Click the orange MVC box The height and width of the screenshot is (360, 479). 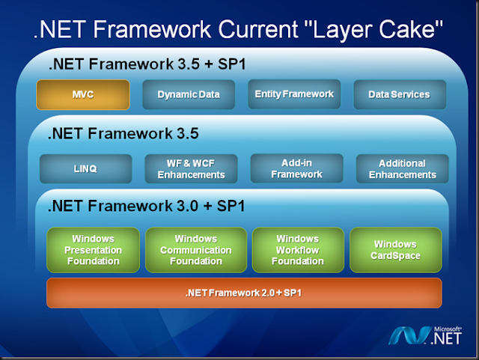point(83,95)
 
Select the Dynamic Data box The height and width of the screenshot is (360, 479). point(189,95)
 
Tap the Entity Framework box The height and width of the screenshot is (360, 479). point(294,94)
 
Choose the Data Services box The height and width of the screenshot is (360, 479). point(400,95)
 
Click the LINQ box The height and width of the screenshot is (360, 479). point(85,169)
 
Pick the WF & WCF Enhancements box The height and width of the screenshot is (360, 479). point(191,169)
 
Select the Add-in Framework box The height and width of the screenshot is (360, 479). point(296,168)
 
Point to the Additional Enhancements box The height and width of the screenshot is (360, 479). point(402,169)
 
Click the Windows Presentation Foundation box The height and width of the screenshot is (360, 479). point(94,250)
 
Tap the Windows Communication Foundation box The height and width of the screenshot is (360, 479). point(195,250)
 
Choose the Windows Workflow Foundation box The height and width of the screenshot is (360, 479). point(297,250)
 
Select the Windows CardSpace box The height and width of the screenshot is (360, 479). point(396,250)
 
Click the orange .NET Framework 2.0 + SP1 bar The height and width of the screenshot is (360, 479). point(244,293)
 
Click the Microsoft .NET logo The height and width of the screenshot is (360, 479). point(430,335)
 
